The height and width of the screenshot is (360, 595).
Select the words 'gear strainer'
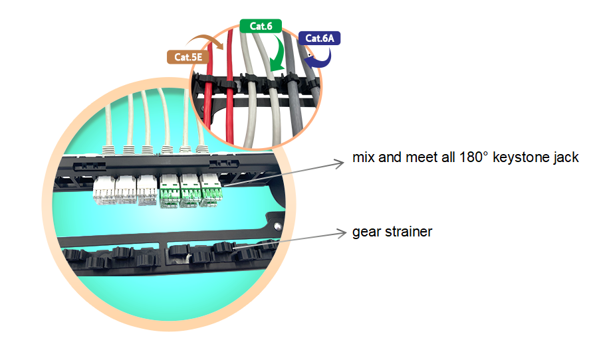[x=392, y=232]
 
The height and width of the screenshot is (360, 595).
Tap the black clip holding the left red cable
[x=209, y=82]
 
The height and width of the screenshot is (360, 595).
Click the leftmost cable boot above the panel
[x=107, y=147]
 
